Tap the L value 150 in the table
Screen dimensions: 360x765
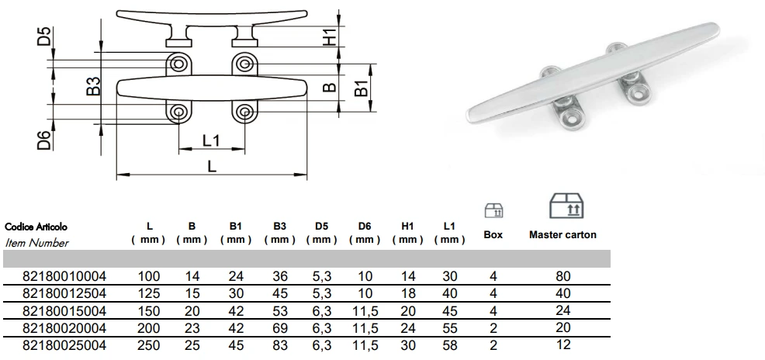(x=150, y=310)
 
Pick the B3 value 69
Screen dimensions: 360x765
(x=280, y=327)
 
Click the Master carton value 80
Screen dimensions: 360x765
(x=562, y=275)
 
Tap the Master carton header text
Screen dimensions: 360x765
(x=562, y=234)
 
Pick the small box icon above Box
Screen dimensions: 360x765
(x=493, y=209)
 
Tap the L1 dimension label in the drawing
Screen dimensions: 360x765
(x=210, y=140)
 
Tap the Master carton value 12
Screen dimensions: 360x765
(x=562, y=345)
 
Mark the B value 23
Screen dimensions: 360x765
(x=192, y=327)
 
